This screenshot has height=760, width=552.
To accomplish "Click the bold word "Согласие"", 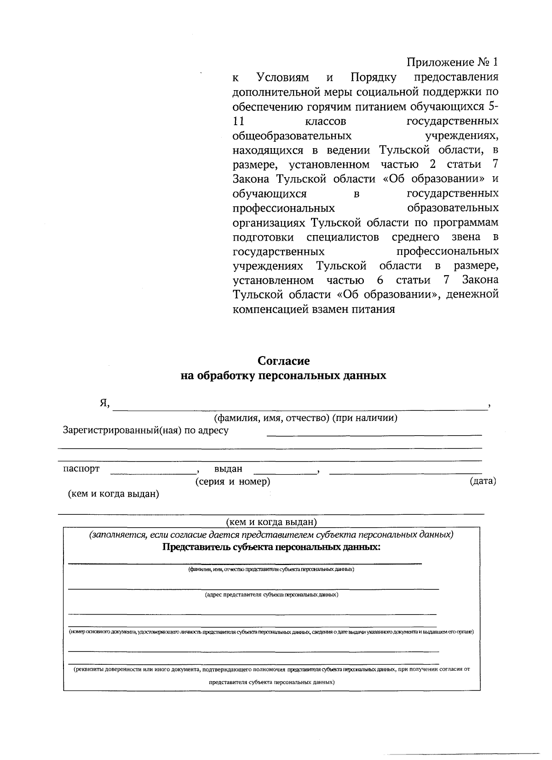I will [x=283, y=361].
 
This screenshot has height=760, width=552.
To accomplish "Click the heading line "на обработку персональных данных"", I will [x=283, y=376].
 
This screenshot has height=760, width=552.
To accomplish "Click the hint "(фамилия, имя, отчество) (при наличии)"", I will [x=305, y=418].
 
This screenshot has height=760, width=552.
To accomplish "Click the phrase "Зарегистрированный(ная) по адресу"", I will [x=145, y=431].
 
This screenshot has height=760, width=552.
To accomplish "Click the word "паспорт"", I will [x=81, y=469].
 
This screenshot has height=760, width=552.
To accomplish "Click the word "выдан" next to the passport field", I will [x=228, y=469].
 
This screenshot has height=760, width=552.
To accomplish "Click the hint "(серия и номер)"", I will [x=232, y=482].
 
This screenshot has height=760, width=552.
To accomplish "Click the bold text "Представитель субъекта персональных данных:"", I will [x=272, y=547].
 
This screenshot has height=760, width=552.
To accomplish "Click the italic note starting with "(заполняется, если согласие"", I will [x=272, y=535].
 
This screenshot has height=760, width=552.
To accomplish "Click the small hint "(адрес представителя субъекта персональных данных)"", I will [x=271, y=595].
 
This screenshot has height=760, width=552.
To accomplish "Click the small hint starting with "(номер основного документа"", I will [x=271, y=632].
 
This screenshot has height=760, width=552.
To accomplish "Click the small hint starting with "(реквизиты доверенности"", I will [x=272, y=669].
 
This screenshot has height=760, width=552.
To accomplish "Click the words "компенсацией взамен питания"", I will [x=314, y=309].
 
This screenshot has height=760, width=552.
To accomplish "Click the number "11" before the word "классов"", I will [x=238, y=121].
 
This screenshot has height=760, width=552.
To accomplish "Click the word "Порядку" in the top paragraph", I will [x=374, y=77].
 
